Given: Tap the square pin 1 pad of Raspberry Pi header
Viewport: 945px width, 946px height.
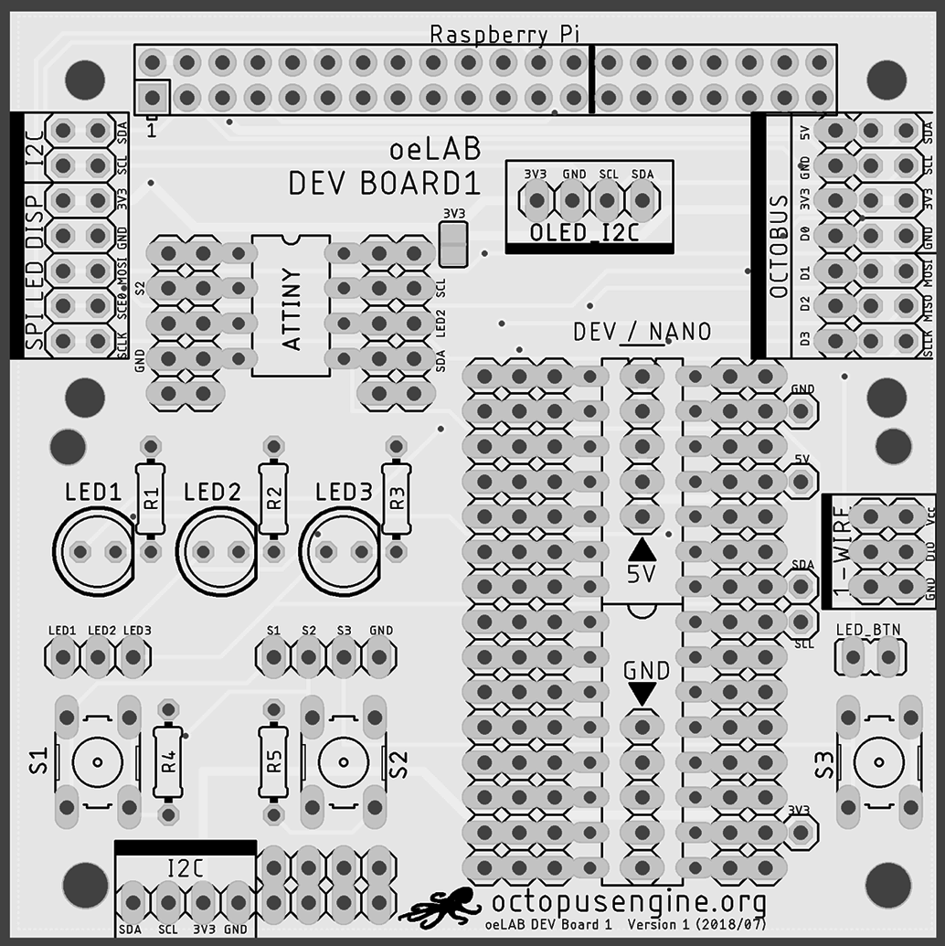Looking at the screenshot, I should coord(153,97).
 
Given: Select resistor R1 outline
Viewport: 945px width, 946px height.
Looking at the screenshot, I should coord(151,498).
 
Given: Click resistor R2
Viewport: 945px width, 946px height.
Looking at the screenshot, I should coord(273,498).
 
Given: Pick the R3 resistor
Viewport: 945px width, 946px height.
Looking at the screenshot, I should coord(396,498).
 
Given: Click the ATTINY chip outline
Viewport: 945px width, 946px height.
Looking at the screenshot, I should coord(291,305).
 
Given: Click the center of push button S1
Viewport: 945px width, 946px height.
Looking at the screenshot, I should coord(98,760).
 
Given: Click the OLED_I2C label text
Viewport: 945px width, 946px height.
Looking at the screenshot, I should coord(583,233).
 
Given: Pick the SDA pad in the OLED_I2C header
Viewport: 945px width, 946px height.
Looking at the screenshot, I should coord(642,198).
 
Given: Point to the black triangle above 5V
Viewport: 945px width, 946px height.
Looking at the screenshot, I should coord(642,549).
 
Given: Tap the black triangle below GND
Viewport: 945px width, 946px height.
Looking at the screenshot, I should coord(642,694).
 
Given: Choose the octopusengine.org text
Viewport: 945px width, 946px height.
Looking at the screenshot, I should coord(629,902).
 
